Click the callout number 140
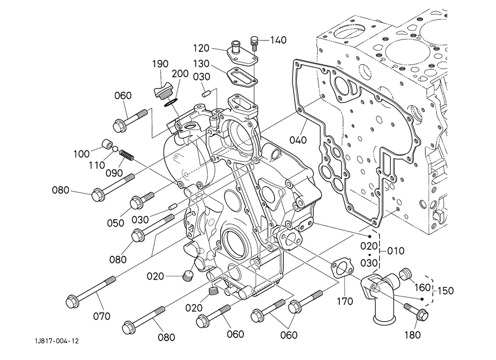click(278, 40)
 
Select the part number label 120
click(201, 48)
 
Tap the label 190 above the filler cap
click(160, 64)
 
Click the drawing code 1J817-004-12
click(57, 341)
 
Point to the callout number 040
click(298, 139)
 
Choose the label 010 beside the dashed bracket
click(396, 251)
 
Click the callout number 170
click(344, 301)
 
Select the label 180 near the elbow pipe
click(412, 335)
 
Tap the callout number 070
click(101, 316)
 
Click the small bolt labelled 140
click(254, 44)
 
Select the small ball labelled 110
click(115, 149)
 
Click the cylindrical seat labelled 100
click(107, 144)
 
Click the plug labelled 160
click(405, 274)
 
